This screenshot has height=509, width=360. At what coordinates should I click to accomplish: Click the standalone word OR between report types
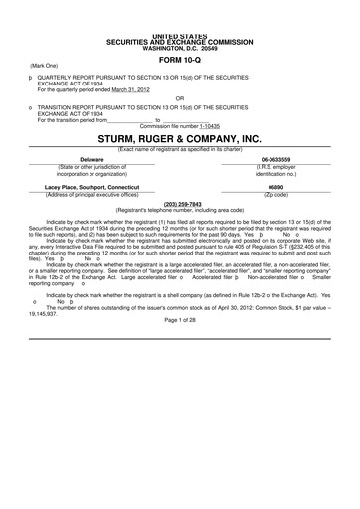pyautogui.click(x=180, y=96)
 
